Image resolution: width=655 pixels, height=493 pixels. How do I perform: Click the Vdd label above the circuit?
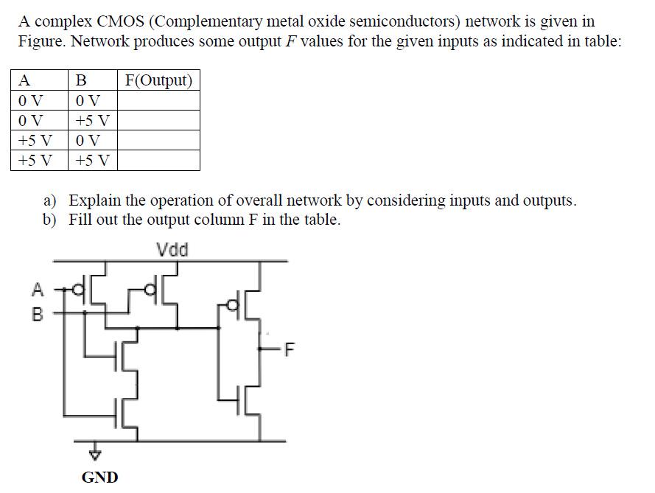(x=173, y=250)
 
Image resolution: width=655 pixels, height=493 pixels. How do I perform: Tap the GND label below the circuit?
(x=99, y=477)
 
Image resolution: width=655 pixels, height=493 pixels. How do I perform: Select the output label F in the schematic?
(x=289, y=350)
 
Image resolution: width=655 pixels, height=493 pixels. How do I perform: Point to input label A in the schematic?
(x=38, y=290)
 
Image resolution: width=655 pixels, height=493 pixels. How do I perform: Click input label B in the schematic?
(x=38, y=315)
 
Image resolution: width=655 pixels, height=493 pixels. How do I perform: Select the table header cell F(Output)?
(x=158, y=80)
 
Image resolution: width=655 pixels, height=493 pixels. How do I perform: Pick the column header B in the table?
(x=81, y=80)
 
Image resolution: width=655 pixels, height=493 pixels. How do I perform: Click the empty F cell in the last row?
(x=158, y=161)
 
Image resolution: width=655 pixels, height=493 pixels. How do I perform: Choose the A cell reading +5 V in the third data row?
(x=35, y=141)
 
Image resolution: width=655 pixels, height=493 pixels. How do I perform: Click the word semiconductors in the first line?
(x=402, y=21)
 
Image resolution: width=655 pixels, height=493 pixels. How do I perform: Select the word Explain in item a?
(x=94, y=200)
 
